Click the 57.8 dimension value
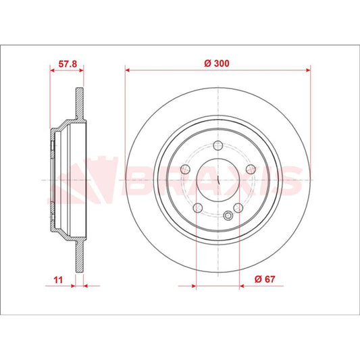[x=68, y=63]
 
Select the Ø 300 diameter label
[x=217, y=63]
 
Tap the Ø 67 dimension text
[x=265, y=279]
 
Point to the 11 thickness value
[x=58, y=280]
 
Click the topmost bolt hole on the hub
[x=218, y=145]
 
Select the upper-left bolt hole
[x=185, y=170]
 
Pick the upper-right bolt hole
[x=251, y=170]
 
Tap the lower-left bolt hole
[x=198, y=208]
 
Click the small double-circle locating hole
[x=228, y=215]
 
